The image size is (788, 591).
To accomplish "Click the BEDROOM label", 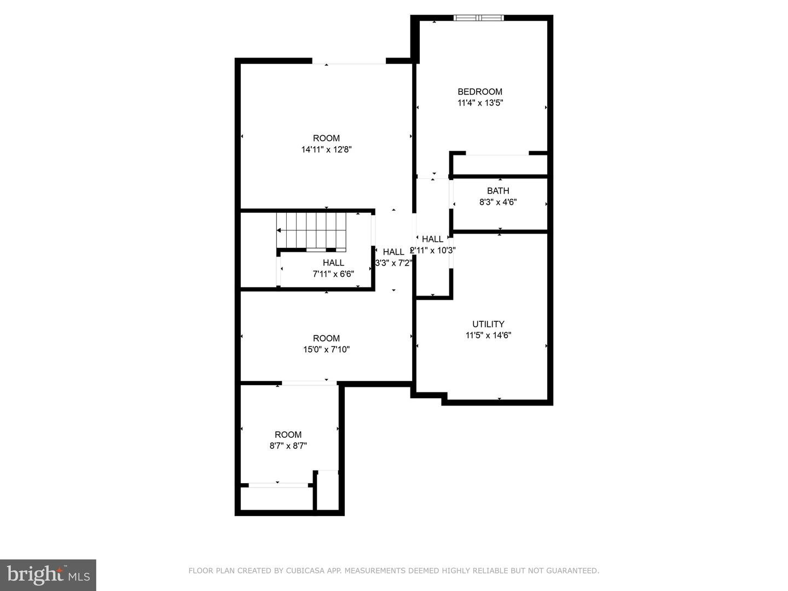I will (479, 91).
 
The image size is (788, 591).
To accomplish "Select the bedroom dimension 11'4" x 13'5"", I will (480, 103).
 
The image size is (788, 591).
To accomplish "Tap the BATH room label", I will (498, 190).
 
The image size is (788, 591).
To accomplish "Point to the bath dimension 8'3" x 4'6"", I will (498, 202).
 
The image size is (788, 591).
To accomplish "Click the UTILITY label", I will (488, 324).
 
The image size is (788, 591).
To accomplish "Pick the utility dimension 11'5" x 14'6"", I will (488, 335).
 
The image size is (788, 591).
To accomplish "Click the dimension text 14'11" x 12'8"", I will (326, 149).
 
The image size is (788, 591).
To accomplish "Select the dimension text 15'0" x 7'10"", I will (326, 350).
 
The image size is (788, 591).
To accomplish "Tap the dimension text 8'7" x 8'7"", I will (288, 446).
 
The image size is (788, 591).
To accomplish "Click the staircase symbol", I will (311, 230).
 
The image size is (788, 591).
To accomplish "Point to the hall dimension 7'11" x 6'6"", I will (333, 274).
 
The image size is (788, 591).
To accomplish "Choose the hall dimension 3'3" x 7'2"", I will (393, 263).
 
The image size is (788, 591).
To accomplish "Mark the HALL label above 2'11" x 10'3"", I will (432, 239).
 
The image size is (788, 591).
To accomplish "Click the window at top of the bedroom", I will (479, 18).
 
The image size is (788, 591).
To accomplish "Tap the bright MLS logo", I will (48, 575).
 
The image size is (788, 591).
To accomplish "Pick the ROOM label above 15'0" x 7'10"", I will (326, 338).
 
